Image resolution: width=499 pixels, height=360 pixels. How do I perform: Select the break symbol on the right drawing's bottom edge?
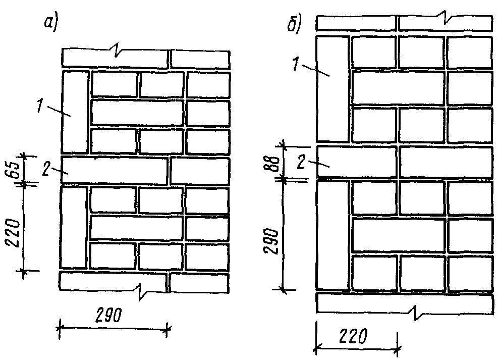click(415, 310)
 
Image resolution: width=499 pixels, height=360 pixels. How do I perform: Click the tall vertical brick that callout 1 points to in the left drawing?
click(75, 111)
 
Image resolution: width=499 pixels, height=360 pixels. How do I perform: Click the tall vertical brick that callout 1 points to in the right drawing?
click(332, 88)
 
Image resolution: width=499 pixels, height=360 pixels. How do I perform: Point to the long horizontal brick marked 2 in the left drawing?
click(114, 171)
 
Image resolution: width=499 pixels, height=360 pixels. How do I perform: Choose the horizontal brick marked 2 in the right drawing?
click(356, 162)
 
